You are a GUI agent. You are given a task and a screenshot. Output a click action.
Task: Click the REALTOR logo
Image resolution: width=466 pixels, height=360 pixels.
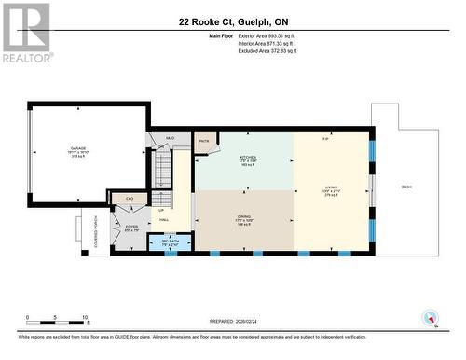coord(25,32)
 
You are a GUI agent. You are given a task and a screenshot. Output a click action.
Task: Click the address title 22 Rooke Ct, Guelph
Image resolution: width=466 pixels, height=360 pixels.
coord(232,21)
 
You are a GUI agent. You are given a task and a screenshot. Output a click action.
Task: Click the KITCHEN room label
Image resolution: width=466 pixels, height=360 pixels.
coord(247,160)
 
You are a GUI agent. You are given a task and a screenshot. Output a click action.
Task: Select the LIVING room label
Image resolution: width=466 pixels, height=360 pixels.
coord(331,191)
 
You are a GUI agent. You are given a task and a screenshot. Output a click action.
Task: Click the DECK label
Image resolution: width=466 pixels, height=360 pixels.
coord(406,187)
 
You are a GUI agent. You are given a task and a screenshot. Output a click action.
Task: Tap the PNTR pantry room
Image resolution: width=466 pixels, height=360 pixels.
coord(204,141)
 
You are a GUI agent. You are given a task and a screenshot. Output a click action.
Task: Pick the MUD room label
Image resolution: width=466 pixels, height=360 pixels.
coord(170,138)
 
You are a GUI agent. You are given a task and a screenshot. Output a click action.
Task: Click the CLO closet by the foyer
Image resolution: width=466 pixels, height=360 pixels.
coord(130,199)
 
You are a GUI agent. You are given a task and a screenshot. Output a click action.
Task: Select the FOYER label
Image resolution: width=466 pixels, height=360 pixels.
coord(131,227)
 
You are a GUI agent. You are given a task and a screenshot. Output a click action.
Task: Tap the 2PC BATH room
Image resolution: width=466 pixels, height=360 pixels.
coord(171,242)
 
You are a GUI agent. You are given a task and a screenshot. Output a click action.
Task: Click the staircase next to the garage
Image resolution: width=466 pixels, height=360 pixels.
coord(163,177)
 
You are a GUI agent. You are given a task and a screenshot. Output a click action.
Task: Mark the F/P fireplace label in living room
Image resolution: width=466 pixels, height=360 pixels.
coord(325,139)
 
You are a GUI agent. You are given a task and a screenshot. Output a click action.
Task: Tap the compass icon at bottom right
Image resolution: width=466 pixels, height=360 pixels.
coord(430,317)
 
